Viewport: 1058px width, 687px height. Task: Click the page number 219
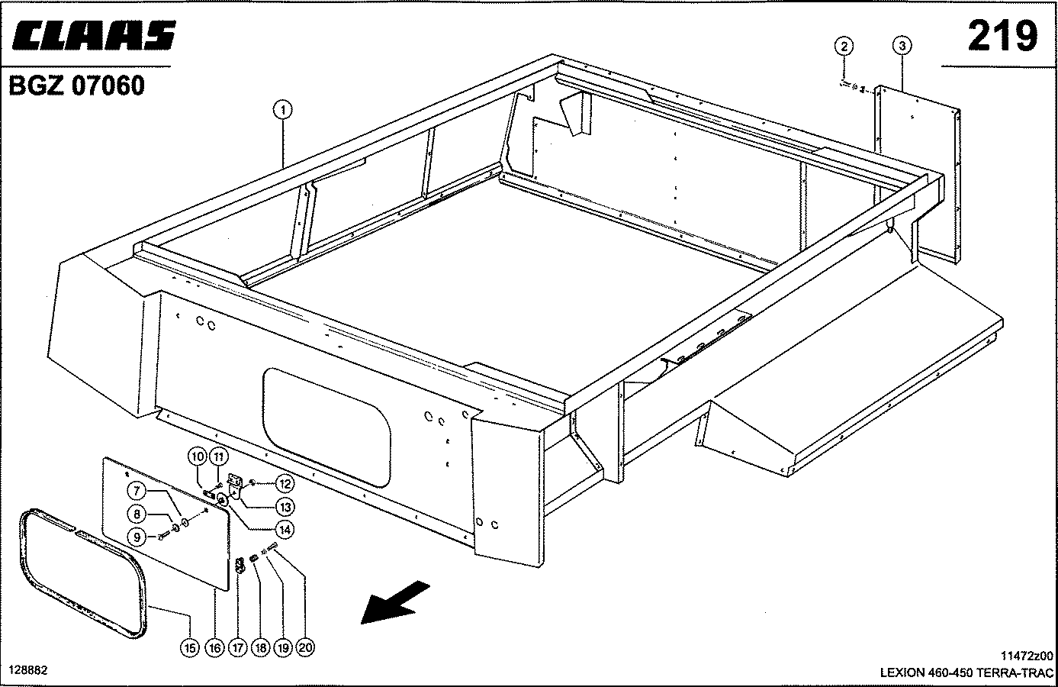point(1002,35)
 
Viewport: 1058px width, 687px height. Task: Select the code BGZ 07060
point(76,86)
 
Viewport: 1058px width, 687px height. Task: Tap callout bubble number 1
point(282,111)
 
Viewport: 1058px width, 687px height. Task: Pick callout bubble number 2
point(843,47)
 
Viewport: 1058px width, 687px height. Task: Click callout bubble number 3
point(902,47)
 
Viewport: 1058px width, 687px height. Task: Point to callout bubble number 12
point(285,483)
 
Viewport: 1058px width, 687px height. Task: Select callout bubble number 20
point(305,647)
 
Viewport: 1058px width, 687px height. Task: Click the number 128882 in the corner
point(28,669)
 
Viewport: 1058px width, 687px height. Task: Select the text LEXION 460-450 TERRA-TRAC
point(966,673)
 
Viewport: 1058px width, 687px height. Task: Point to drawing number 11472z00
point(1026,656)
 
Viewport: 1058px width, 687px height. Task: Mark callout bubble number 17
point(236,647)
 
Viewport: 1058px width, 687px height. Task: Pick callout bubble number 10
point(197,457)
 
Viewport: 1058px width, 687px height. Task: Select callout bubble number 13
point(285,507)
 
